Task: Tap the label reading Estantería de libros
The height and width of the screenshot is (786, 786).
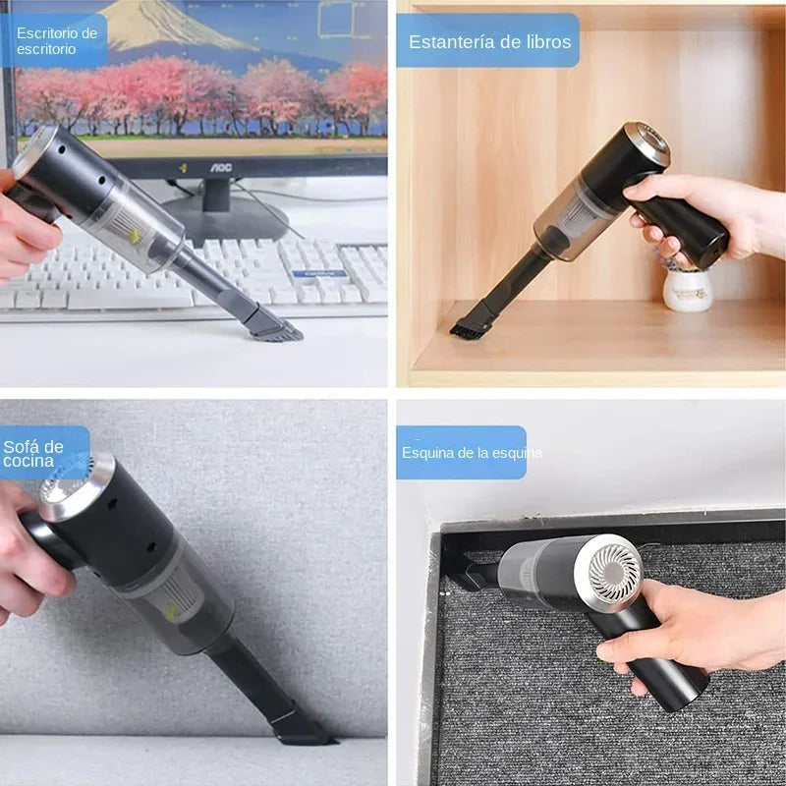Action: pos(487,41)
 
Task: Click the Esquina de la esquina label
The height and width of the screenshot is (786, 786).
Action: pos(462,453)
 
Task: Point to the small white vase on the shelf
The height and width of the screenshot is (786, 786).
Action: pos(687,289)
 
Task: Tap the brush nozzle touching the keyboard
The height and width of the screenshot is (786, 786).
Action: pos(274,329)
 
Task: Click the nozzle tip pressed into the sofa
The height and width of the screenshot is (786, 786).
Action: pos(300,731)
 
